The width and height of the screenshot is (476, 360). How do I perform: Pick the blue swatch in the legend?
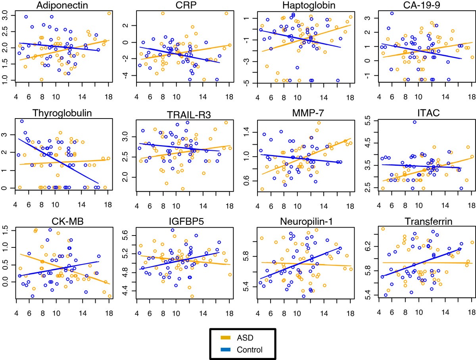227,350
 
